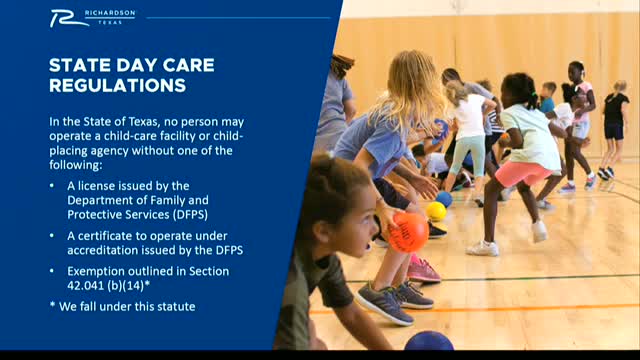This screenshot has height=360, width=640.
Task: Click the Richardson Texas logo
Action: [x=93, y=18]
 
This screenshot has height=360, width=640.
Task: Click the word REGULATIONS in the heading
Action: [x=118, y=86]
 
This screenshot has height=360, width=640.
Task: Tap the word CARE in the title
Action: [x=189, y=65]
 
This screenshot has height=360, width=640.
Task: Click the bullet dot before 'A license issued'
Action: [x=52, y=186]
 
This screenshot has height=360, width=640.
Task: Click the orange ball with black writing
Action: [x=408, y=232]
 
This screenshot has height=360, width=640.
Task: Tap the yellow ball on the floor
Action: [x=436, y=211]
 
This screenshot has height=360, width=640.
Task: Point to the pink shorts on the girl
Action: [x=522, y=173]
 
